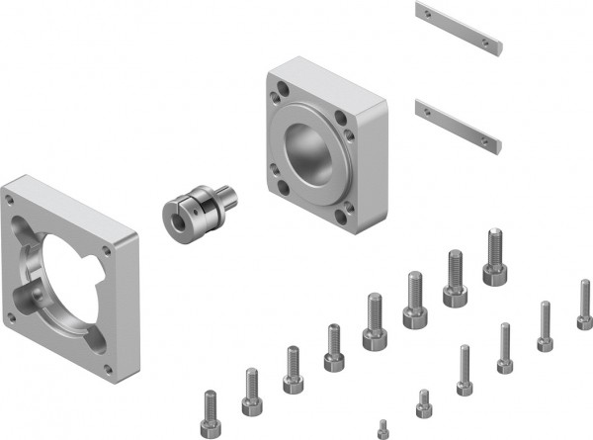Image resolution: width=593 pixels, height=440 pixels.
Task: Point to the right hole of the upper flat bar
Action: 488,42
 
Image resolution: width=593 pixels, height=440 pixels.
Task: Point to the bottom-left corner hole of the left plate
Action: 12,316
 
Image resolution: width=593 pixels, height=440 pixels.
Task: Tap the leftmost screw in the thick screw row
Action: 211,414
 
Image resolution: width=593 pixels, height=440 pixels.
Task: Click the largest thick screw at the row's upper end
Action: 494,256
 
